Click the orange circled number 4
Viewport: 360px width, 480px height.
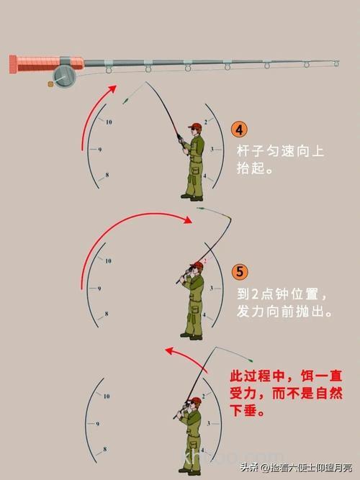click(240, 130)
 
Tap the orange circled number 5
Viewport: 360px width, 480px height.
click(240, 273)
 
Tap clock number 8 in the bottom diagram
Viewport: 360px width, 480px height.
click(105, 449)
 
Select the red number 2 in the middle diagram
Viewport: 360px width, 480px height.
click(205, 261)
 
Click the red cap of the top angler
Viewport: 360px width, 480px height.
click(194, 127)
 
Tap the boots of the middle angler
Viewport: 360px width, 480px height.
click(191, 335)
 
